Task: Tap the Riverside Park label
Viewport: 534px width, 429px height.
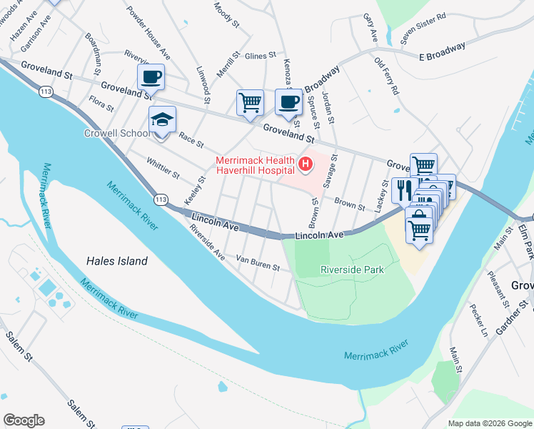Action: coord(353,270)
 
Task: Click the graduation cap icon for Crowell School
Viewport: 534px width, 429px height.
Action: coord(162,121)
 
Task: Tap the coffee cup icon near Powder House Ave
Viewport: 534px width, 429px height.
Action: coord(151,77)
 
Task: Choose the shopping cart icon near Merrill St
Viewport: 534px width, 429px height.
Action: coord(250,102)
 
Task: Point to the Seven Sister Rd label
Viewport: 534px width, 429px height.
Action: coord(423,28)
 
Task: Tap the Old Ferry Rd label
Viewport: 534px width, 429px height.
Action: coord(386,76)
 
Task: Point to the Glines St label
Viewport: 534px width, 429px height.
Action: coord(260,56)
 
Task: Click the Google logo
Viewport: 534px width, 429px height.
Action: coord(24,420)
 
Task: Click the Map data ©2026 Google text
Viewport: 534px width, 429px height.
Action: coord(489,423)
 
